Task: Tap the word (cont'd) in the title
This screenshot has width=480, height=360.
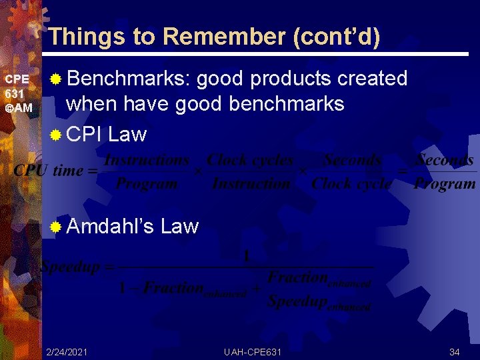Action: pyautogui.click(x=337, y=36)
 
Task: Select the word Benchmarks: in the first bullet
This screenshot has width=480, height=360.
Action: pyautogui.click(x=130, y=79)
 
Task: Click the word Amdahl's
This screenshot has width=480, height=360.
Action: pyautogui.click(x=111, y=227)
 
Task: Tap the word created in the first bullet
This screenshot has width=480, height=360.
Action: pyautogui.click(x=372, y=79)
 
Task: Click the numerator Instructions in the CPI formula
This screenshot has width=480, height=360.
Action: pyautogui.click(x=147, y=160)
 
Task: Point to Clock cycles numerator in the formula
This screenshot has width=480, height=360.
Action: pyautogui.click(x=250, y=160)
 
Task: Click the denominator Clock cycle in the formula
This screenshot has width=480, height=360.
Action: pyautogui.click(x=351, y=183)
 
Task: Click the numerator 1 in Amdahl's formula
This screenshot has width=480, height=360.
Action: pyautogui.click(x=245, y=255)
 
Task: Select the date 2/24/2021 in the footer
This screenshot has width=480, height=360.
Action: pyautogui.click(x=67, y=351)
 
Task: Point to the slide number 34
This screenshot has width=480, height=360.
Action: pyautogui.click(x=455, y=351)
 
